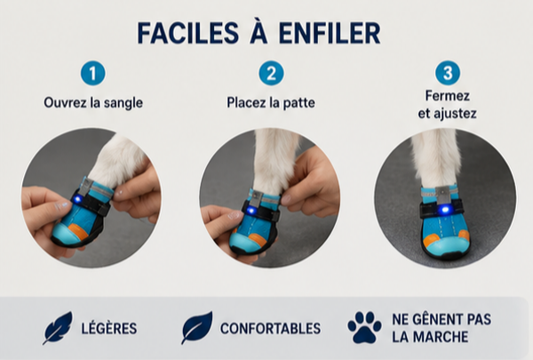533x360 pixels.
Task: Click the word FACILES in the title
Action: [x=188, y=34]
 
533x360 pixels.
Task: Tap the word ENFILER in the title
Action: [x=329, y=34]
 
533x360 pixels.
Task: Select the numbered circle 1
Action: [x=92, y=73]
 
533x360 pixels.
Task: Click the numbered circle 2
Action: [x=271, y=73]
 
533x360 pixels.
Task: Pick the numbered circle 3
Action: [x=448, y=73]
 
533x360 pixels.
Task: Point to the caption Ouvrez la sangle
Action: [x=93, y=102]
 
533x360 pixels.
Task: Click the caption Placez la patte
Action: [x=271, y=102]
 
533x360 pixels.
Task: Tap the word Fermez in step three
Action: [x=448, y=96]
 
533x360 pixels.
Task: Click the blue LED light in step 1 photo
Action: [x=78, y=198]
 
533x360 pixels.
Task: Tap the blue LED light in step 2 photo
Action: [x=251, y=211]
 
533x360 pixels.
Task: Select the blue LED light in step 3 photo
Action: [x=443, y=210]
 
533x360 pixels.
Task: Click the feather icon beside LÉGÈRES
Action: [x=58, y=328]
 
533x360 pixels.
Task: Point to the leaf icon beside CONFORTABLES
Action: [x=197, y=327]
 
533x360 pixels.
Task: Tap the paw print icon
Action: [x=364, y=327]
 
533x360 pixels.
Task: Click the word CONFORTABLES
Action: [x=271, y=328]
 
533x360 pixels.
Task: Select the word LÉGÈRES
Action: [x=109, y=328]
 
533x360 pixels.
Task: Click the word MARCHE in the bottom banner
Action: [x=440, y=337]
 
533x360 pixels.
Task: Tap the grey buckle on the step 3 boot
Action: [x=443, y=194]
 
